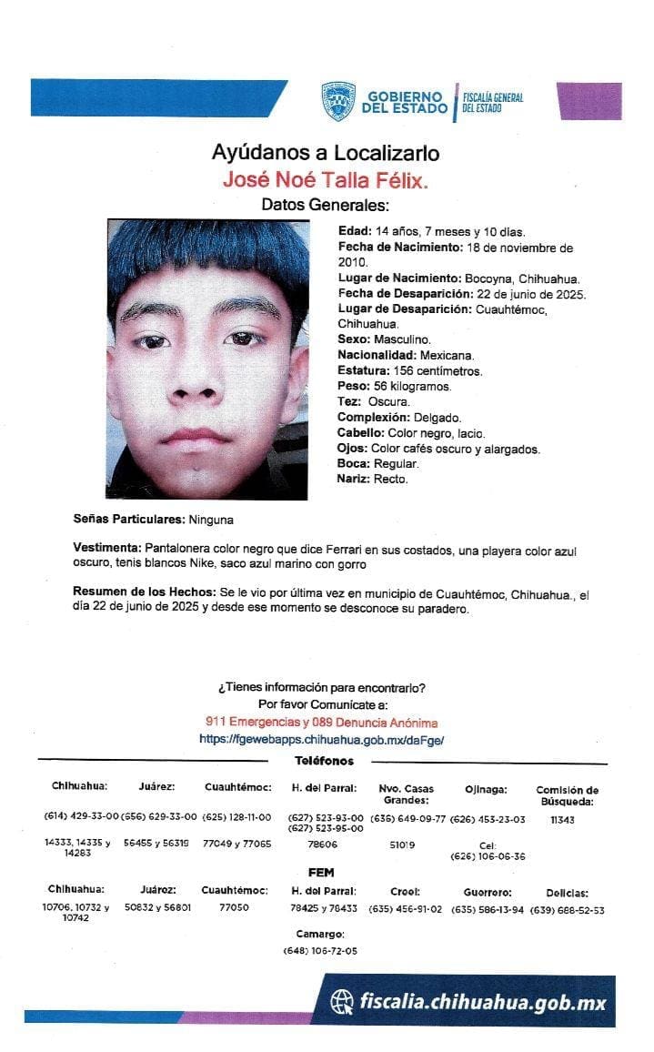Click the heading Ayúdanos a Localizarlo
tap(325, 152)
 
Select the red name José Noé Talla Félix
tap(325, 179)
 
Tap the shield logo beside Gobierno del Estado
tap(337, 101)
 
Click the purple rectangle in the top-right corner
tap(589, 100)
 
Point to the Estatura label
tap(362, 371)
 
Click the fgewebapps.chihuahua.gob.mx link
tap(321, 740)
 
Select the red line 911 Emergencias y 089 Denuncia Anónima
tap(321, 723)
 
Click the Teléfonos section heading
tap(324, 761)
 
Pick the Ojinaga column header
tap(486, 789)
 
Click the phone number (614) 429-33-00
tap(81, 817)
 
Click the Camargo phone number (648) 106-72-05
tap(320, 951)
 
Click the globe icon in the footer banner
tap(343, 1003)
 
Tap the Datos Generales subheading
tap(325, 205)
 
